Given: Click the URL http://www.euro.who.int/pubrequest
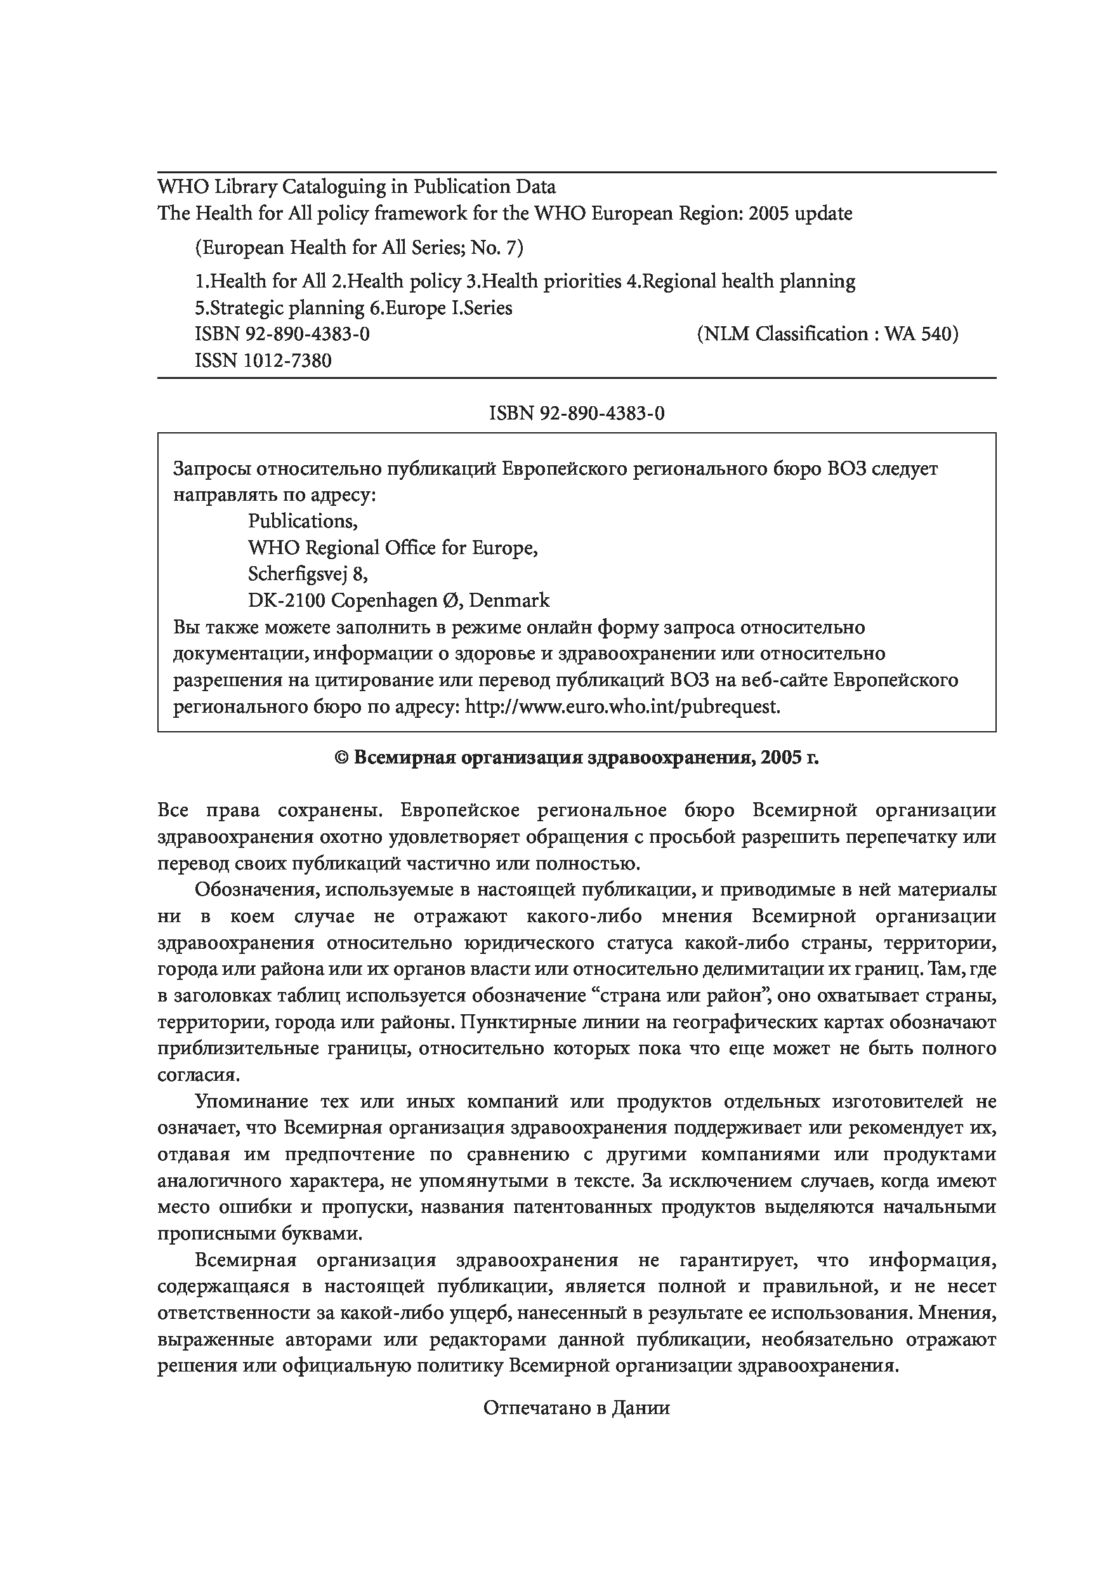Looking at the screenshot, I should pos(622,706).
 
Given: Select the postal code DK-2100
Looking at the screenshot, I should pos(287,600).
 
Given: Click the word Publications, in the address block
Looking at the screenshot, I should pos(302,521).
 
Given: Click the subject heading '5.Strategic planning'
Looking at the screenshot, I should pos(280,308).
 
